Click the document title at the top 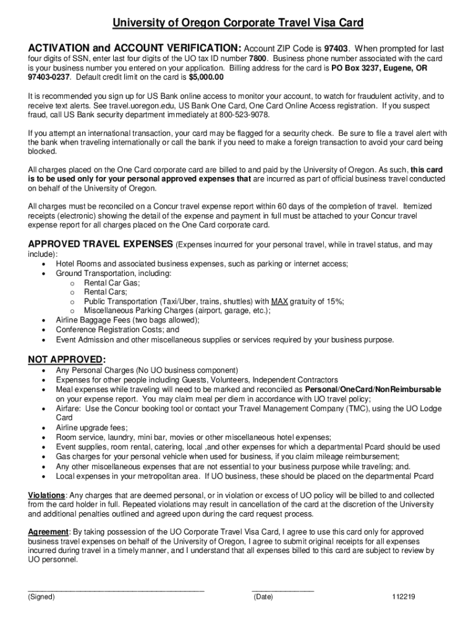point(237,23)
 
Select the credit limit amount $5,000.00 point(206,78)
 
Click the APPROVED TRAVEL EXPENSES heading point(101,244)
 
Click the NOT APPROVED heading point(67,360)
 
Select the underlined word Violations point(47,495)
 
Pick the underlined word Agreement point(48,532)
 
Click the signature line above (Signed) point(116,591)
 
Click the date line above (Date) point(283,591)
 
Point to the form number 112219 point(403,597)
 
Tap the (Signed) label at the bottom point(41,597)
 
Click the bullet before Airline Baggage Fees point(43,320)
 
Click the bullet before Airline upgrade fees point(43,428)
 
